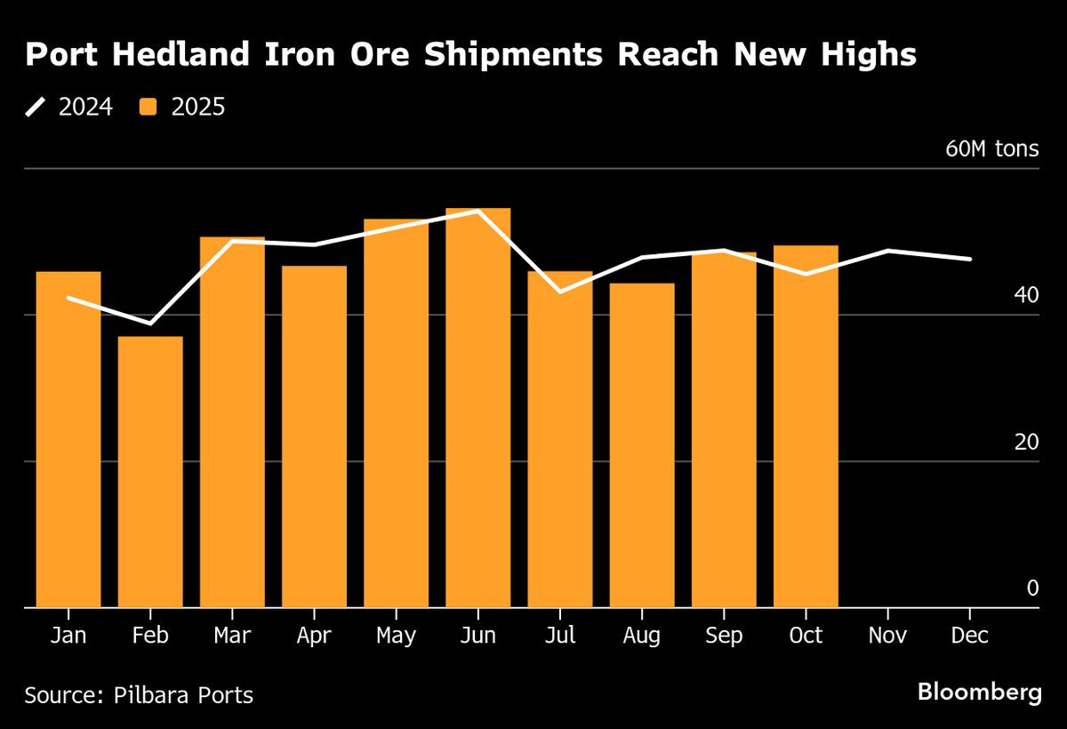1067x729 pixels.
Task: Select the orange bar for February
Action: coord(150,471)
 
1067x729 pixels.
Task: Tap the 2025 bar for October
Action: coord(806,427)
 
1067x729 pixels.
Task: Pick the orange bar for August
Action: coord(642,445)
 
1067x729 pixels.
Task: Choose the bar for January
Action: coord(68,439)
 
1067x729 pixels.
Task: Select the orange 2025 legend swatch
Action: coord(149,108)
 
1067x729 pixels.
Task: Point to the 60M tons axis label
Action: coord(991,148)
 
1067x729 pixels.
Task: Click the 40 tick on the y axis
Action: coord(1026,295)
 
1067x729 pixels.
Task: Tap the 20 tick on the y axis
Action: coord(1026,442)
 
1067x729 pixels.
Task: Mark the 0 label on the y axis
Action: coord(1032,588)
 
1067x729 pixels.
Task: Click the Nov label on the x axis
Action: coord(887,637)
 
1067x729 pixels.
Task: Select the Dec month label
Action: coord(969,637)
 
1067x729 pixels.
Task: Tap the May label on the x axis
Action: coord(396,637)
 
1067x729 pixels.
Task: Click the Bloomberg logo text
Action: coord(979,692)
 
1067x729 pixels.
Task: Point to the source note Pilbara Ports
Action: coord(139,694)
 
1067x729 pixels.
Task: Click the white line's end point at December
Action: coord(970,259)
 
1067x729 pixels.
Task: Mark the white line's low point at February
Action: coord(150,323)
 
